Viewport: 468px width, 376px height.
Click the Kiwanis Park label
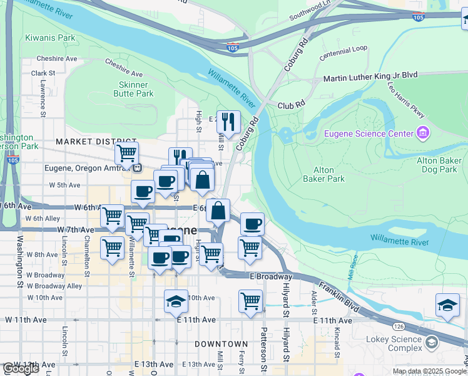(x=50, y=38)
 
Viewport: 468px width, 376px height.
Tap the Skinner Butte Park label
(x=133, y=89)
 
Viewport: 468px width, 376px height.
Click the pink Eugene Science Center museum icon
(x=423, y=133)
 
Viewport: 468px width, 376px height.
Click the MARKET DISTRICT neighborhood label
(x=96, y=142)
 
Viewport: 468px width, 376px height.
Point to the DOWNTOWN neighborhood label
(x=221, y=344)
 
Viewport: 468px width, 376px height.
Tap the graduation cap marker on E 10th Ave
(x=176, y=302)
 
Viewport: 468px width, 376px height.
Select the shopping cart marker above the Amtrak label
(x=126, y=152)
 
